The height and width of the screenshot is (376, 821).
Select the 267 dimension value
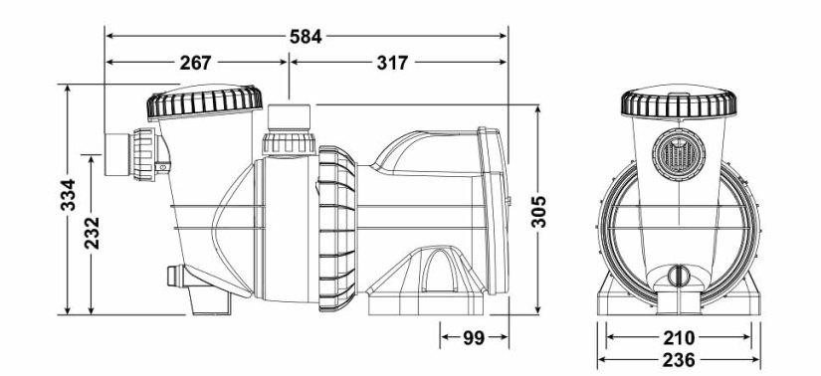tap(195, 63)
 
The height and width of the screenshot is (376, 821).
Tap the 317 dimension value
tap(393, 63)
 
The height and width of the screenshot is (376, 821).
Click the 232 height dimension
tap(92, 233)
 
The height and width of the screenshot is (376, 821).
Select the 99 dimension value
tap(473, 338)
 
